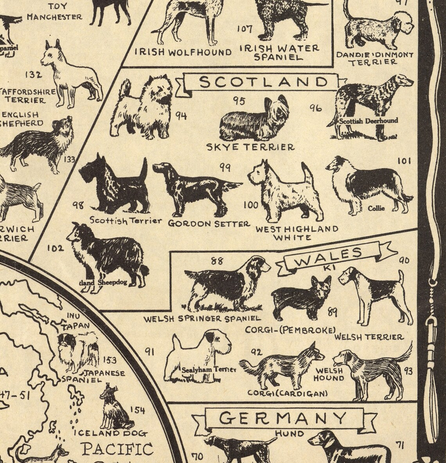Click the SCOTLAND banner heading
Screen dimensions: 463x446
click(x=263, y=82)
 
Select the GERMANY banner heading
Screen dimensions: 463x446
click(x=282, y=418)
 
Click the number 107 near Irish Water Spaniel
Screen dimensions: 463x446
click(x=245, y=29)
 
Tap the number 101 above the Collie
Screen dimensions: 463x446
click(x=404, y=161)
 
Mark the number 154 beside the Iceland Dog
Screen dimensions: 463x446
click(x=137, y=410)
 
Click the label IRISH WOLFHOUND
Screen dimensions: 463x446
click(x=183, y=52)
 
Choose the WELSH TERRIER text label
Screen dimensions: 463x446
click(x=369, y=337)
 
